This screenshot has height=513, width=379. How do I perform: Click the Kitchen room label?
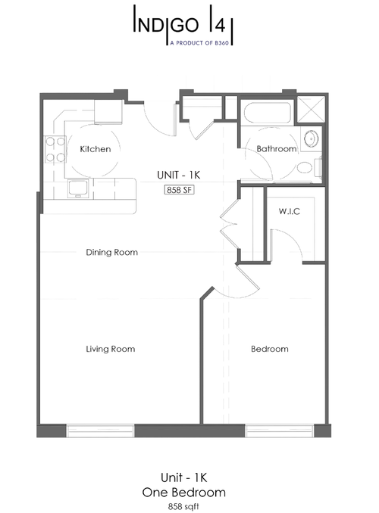[x=96, y=149]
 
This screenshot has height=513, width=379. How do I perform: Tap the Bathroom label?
[x=276, y=149]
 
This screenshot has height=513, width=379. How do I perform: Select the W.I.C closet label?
[x=290, y=211]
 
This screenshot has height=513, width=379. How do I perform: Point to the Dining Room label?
[x=111, y=252]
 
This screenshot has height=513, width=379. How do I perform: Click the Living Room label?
[x=110, y=349]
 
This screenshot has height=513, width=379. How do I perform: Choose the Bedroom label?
[x=269, y=349]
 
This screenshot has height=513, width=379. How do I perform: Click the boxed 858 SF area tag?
[x=180, y=190]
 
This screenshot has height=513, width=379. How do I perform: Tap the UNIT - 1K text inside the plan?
[x=179, y=174]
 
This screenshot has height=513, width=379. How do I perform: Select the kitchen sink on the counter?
[x=78, y=188]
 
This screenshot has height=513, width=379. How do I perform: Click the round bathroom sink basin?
[x=311, y=139]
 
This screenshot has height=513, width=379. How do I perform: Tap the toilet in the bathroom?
[x=306, y=168]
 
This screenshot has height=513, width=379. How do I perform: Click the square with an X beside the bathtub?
[x=312, y=110]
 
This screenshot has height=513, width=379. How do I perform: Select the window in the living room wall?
[x=100, y=430]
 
